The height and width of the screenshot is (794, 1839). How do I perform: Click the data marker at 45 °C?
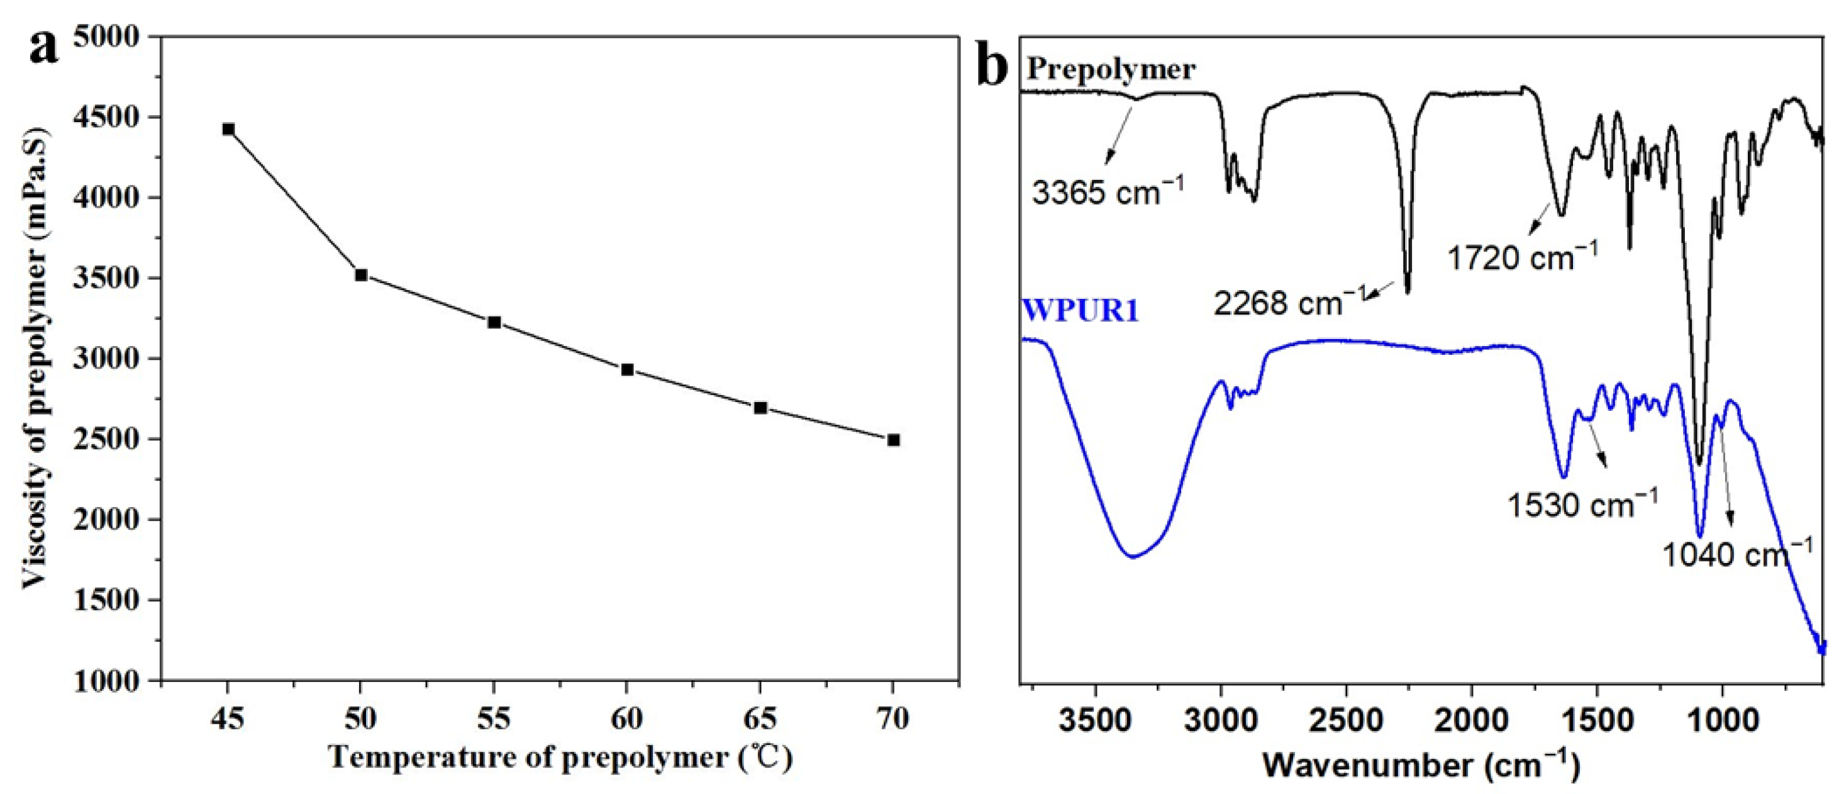click(x=228, y=129)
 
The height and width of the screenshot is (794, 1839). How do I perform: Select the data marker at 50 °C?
click(x=361, y=275)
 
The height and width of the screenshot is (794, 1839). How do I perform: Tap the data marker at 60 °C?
click(x=628, y=369)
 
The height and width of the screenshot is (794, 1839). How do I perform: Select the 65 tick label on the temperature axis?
click(x=760, y=719)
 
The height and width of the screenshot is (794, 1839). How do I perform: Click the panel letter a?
click(x=44, y=47)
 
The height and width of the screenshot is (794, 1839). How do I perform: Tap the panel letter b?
click(x=992, y=67)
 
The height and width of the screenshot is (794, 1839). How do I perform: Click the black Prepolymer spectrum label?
click(x=1111, y=70)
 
